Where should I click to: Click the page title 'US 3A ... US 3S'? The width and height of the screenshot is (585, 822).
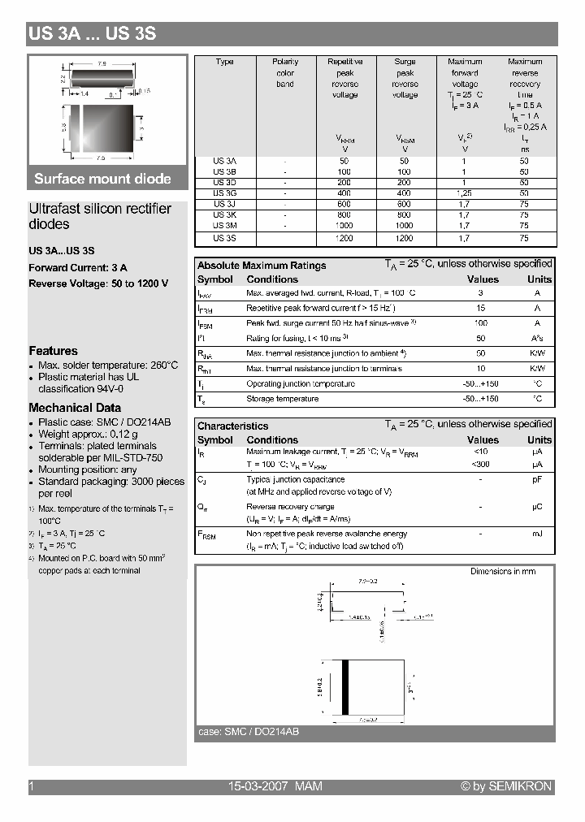(x=92, y=34)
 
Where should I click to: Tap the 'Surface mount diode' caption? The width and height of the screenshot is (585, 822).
(x=102, y=179)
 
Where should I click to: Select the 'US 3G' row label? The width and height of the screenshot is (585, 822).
(x=224, y=193)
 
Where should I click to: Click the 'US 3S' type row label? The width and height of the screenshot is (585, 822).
(x=224, y=238)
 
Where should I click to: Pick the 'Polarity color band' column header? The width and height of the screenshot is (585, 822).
(x=285, y=72)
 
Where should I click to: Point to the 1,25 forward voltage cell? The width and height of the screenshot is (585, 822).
(x=465, y=193)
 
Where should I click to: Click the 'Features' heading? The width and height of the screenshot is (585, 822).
(x=53, y=351)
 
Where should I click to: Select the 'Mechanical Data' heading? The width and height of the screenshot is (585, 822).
(x=75, y=408)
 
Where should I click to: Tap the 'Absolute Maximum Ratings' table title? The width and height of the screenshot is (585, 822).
(x=262, y=266)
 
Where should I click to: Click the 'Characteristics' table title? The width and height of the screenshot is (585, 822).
(x=232, y=426)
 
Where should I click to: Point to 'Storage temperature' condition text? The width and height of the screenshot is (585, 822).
(x=283, y=399)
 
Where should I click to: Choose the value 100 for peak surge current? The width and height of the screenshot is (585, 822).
(x=481, y=323)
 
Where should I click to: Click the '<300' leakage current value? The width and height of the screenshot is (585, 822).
(x=481, y=464)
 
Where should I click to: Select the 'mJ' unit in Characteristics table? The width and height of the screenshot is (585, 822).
(x=537, y=534)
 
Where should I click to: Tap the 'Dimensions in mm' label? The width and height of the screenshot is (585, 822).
(x=503, y=572)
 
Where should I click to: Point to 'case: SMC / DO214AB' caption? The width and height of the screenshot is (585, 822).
(x=249, y=732)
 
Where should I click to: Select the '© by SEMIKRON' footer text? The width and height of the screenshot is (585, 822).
(x=506, y=786)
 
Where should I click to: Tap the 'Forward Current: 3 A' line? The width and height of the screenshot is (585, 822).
(x=78, y=267)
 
